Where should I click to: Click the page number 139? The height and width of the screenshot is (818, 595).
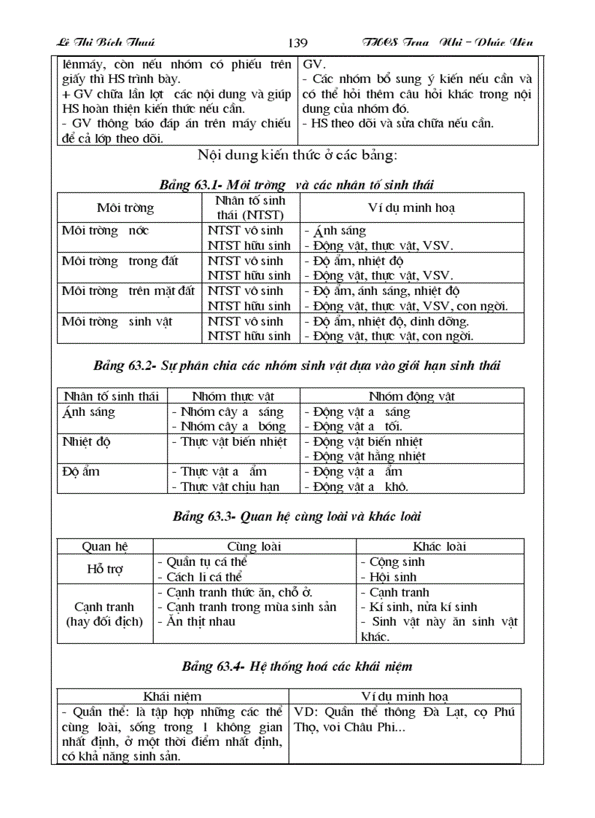(x=297, y=43)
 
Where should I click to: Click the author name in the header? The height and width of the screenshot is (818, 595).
(x=105, y=43)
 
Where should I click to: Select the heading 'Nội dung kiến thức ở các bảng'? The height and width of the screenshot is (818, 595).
(x=297, y=155)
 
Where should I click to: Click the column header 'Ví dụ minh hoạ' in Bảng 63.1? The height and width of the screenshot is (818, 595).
(x=411, y=208)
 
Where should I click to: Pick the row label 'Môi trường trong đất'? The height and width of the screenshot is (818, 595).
(x=120, y=261)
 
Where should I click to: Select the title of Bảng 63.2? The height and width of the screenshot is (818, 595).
(x=297, y=366)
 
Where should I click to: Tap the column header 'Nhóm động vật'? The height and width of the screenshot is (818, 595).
(x=411, y=396)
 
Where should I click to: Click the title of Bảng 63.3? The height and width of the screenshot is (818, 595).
(x=297, y=516)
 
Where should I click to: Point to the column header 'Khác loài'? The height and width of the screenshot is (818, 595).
(x=439, y=546)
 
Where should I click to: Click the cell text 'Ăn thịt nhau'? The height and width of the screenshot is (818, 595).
(x=200, y=621)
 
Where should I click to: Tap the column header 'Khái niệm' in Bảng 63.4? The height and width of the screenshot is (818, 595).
(x=172, y=696)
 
